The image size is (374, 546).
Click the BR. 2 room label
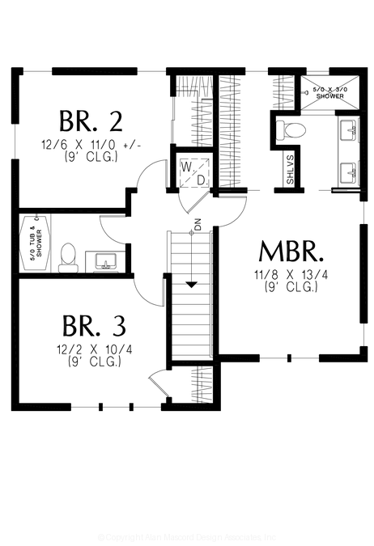tap(91, 121)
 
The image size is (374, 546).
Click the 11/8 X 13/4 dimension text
tap(288, 274)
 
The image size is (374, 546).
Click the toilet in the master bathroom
tap(290, 129)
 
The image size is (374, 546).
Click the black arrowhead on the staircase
tap(191, 284)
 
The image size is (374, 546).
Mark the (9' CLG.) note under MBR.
tap(288, 286)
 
